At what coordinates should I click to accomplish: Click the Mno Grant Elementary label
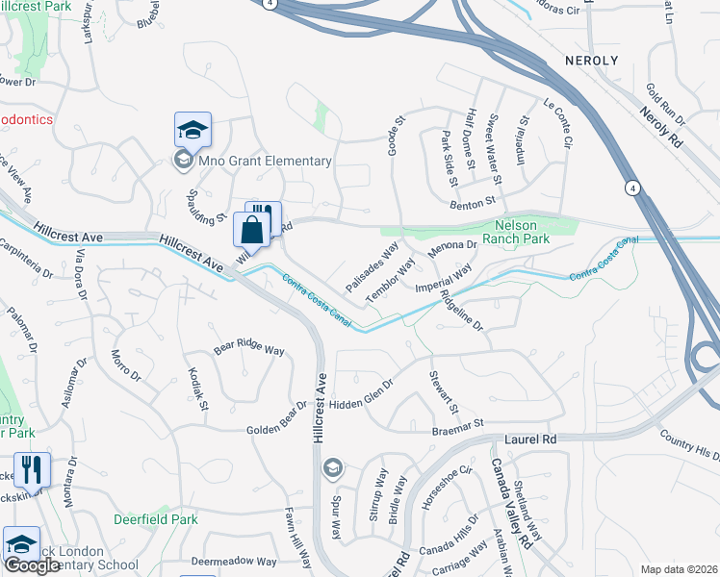coord(265,162)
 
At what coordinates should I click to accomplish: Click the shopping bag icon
coord(250,231)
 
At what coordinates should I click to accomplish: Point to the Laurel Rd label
coord(530,439)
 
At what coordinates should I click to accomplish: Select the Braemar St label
coord(469,423)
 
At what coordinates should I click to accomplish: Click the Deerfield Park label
coord(156,519)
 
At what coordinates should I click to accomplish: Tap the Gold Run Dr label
coord(666,104)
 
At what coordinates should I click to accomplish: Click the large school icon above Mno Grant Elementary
coord(193,129)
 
